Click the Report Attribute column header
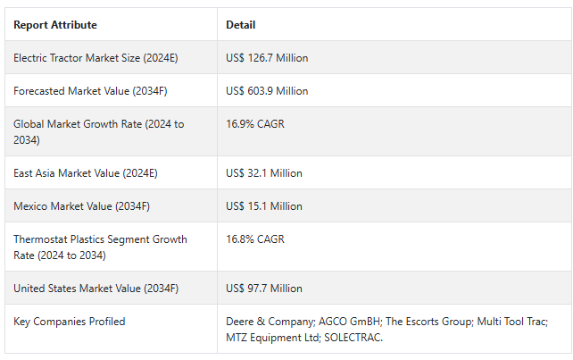55,25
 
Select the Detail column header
241,25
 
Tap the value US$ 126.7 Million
267,58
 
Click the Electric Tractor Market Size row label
96,58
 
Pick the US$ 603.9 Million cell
267,91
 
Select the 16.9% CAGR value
255,124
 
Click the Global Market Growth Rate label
98,132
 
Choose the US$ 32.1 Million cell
264,173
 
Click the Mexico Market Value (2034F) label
81,206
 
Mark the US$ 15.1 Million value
264,206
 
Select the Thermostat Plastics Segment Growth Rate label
100,247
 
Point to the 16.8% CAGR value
255,239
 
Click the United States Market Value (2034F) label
95,289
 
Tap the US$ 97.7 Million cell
264,289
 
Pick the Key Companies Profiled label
70,322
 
